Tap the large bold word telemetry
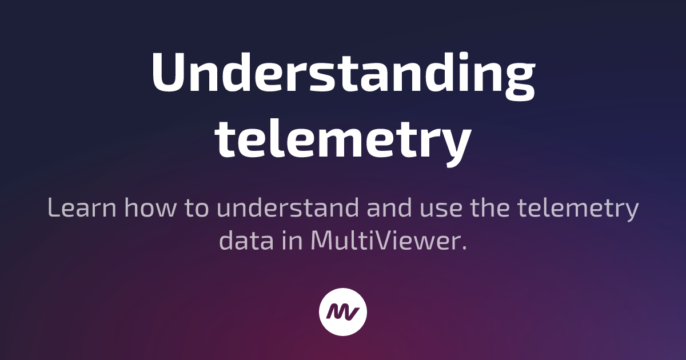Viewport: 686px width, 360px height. point(343,140)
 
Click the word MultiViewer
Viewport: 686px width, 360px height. point(386,241)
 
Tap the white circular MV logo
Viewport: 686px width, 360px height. point(343,311)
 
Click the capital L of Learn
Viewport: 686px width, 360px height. point(54,209)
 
